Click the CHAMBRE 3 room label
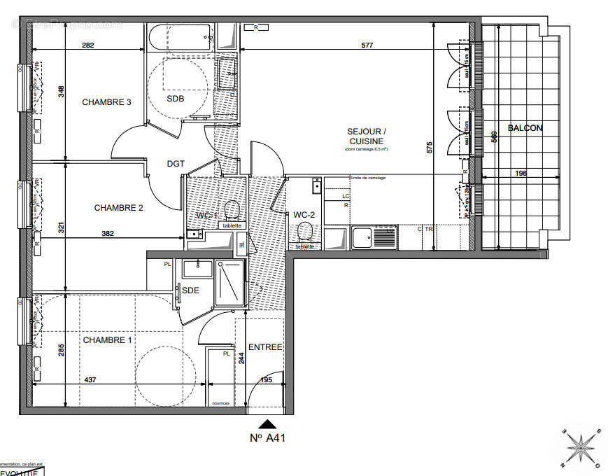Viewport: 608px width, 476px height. pyautogui.click(x=106, y=102)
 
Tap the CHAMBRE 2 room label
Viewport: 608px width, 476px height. pyautogui.click(x=118, y=208)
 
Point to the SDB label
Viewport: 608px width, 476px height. pyautogui.click(x=175, y=99)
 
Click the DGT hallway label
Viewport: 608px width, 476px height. pyautogui.click(x=176, y=164)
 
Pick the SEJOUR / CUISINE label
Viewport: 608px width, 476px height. pyautogui.click(x=365, y=136)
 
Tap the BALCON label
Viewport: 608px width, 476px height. pyautogui.click(x=524, y=128)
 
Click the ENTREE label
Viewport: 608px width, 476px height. pyautogui.click(x=265, y=347)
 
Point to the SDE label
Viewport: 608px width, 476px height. pyautogui.click(x=190, y=290)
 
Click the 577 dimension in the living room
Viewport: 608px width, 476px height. pyautogui.click(x=367, y=45)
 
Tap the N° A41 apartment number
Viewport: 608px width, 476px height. pyautogui.click(x=268, y=439)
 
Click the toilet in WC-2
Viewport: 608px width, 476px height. pyautogui.click(x=304, y=232)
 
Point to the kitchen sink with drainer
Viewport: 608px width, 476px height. pyautogui.click(x=374, y=237)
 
